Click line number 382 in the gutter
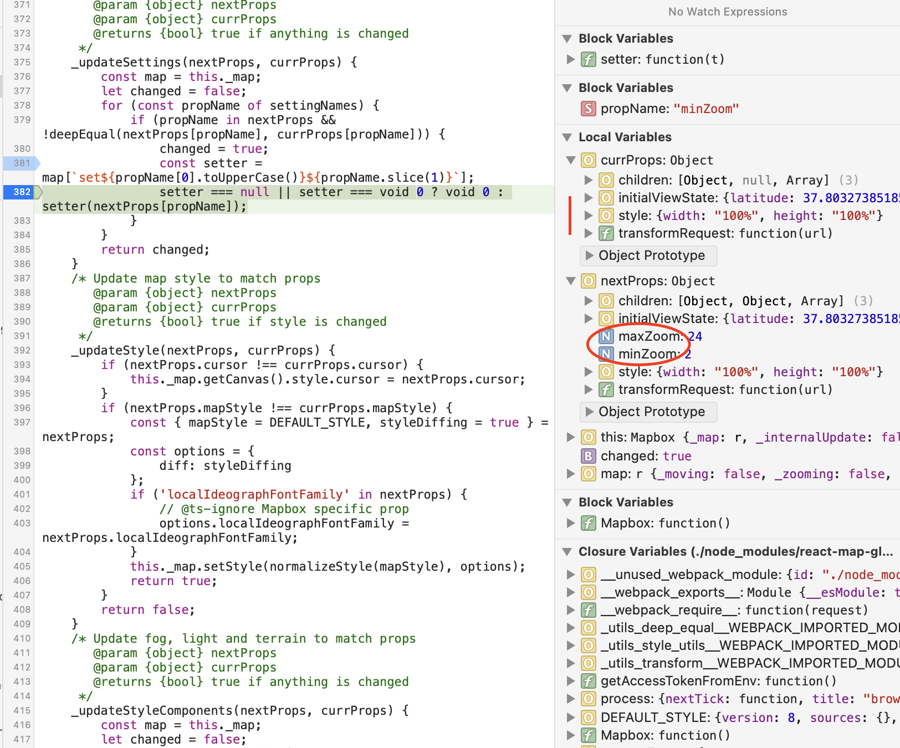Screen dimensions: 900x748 click(22, 192)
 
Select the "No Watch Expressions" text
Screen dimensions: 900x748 click(727, 12)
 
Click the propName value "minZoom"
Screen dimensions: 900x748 click(706, 109)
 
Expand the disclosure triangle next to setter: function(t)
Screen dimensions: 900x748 click(570, 59)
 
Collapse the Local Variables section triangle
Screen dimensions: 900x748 click(567, 137)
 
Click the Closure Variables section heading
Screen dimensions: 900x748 click(735, 552)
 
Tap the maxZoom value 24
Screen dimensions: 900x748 click(695, 336)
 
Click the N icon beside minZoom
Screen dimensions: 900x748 click(606, 354)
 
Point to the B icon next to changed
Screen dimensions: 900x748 click(588, 456)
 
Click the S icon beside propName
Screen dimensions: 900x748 click(588, 109)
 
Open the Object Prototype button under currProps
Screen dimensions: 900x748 click(648, 255)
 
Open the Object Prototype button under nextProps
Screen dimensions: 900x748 click(648, 412)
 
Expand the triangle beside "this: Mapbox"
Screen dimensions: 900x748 click(570, 437)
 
